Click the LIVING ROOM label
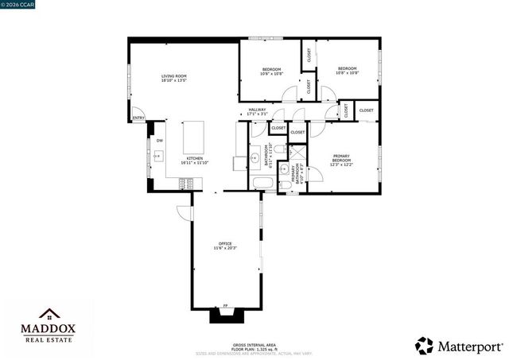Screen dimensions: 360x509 pyautogui.click(x=173, y=77)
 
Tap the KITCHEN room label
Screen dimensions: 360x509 pyautogui.click(x=195, y=160)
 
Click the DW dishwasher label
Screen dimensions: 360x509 pyautogui.click(x=159, y=141)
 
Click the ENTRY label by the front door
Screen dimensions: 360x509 pyautogui.click(x=138, y=118)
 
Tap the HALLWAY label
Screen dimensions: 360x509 pyautogui.click(x=257, y=111)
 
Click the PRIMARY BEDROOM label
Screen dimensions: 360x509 pyautogui.click(x=342, y=161)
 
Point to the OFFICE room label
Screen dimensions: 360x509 pyautogui.click(x=225, y=245)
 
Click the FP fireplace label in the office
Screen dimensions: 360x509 pyautogui.click(x=226, y=305)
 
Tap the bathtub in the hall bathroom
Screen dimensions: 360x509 pyautogui.click(x=262, y=184)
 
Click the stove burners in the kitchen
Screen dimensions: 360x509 pyautogui.click(x=186, y=184)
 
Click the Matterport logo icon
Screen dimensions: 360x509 pyautogui.click(x=425, y=345)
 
